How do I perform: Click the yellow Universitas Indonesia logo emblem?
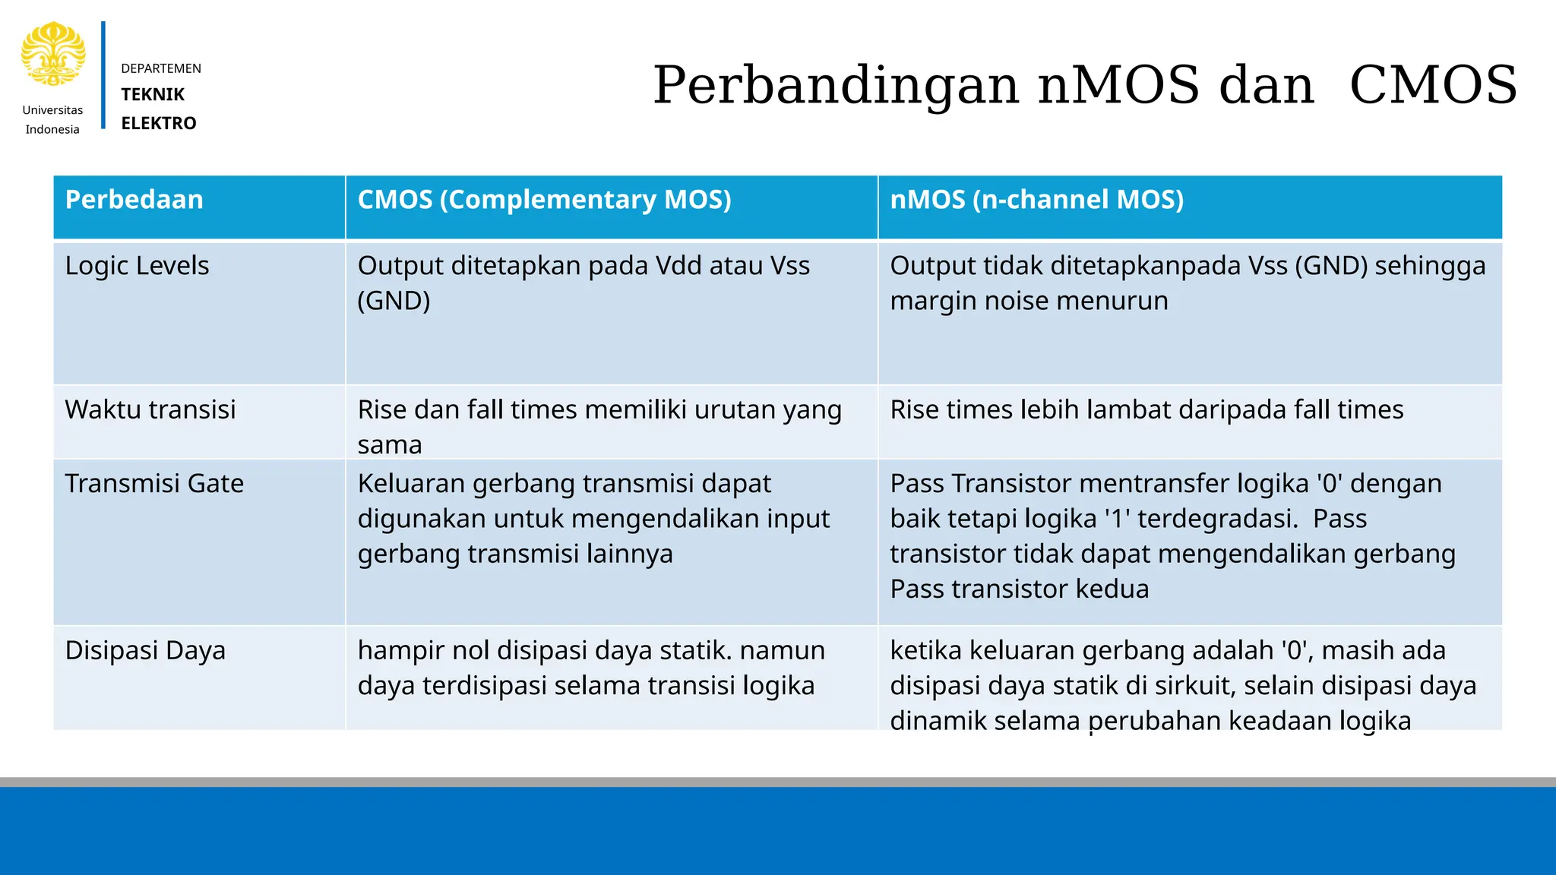52,54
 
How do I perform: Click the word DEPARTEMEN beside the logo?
161,68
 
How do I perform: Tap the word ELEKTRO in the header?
159,123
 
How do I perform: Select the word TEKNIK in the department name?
153,94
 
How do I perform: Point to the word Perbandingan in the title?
836,85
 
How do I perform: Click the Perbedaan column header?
134,200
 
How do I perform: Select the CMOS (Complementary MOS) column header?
544,200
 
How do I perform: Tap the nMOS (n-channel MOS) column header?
1036,200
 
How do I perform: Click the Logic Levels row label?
137,266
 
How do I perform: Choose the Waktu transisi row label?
150,409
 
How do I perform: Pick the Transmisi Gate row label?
154,484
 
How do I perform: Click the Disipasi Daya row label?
145,651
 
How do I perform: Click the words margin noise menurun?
1029,301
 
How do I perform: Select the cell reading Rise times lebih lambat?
1146,410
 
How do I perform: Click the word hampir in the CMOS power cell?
401,651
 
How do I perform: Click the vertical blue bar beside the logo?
103,75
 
